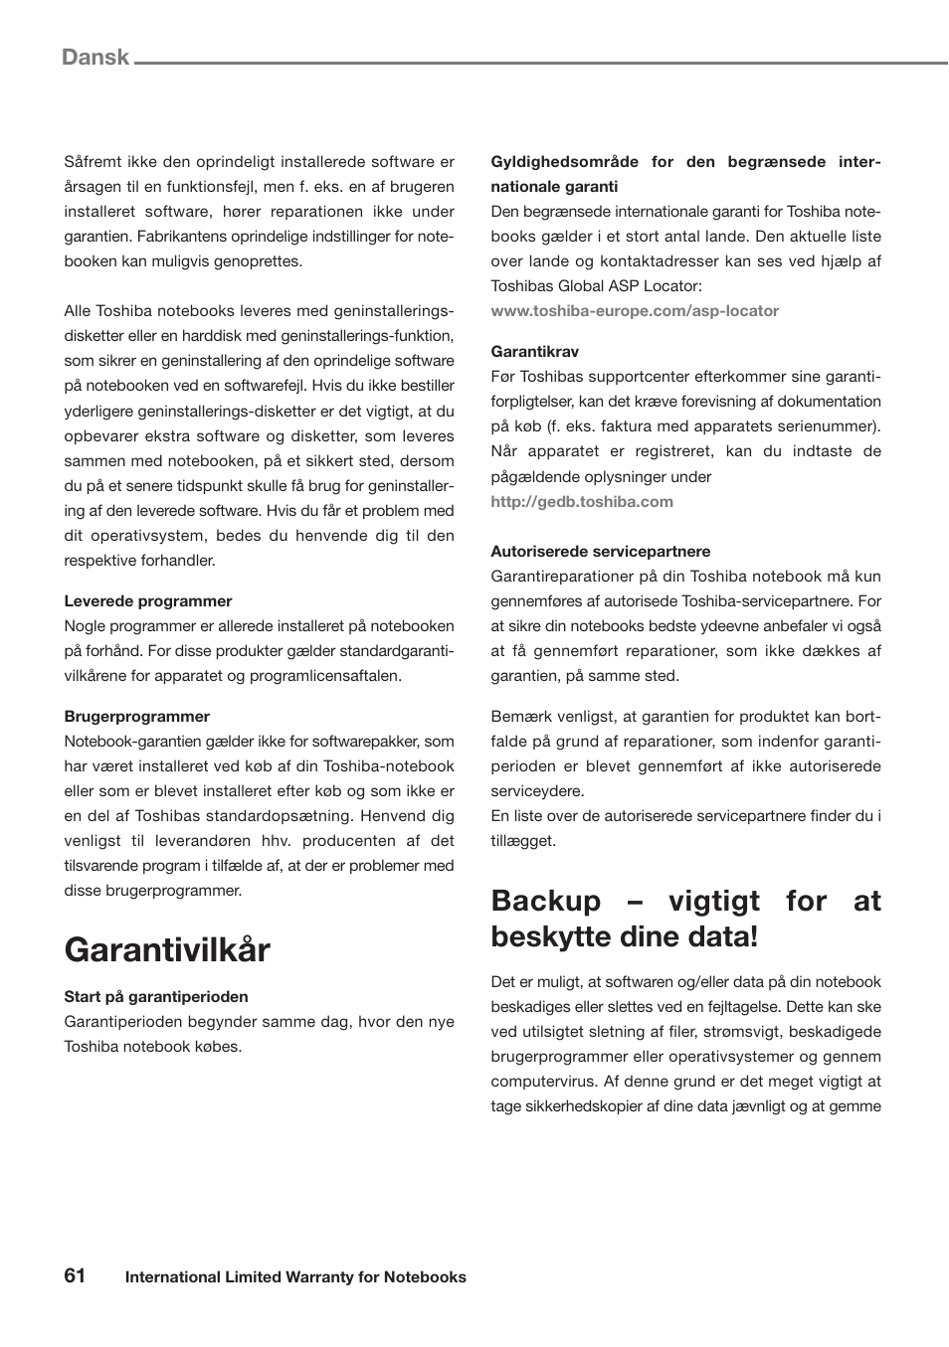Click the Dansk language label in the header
tap(95, 58)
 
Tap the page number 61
tap(75, 1275)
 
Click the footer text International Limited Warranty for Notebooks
tap(295, 1277)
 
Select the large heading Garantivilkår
tap(167, 950)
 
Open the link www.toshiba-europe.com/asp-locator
tap(635, 311)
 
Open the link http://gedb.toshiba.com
tap(582, 502)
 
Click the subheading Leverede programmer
tap(148, 601)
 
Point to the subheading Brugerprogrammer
tap(137, 717)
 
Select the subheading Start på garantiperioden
tap(156, 997)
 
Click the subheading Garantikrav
tap(534, 352)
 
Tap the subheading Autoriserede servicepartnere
tap(601, 552)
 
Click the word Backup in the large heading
tap(546, 901)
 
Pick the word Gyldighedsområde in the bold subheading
tap(565, 162)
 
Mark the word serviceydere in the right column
tap(537, 791)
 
